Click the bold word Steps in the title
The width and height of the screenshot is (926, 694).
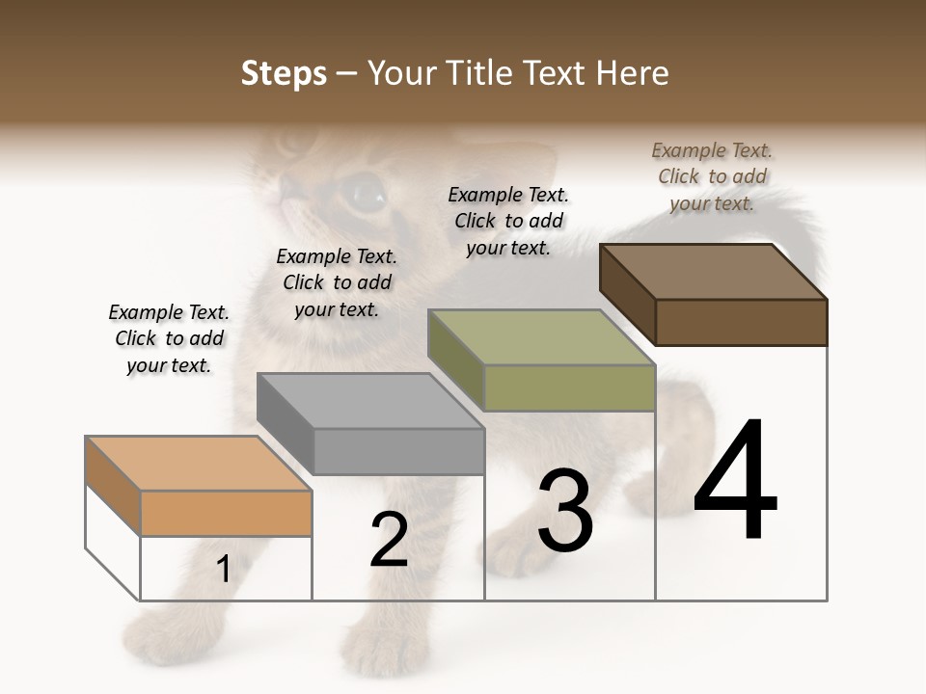coord(284,73)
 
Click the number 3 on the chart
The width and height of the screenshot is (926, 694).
coord(564,510)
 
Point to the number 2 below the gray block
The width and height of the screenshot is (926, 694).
coord(389,540)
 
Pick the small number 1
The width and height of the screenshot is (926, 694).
coord(224,570)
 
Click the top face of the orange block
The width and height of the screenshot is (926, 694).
coord(198,464)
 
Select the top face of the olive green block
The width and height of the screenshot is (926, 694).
coord(541,337)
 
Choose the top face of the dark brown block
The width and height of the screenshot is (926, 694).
coord(713,272)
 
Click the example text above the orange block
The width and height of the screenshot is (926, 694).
coord(169,338)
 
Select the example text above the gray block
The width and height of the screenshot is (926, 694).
coord(337,282)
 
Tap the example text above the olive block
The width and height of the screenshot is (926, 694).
coord(508,221)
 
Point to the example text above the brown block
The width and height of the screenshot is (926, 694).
coord(712,176)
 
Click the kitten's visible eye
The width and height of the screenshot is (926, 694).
coord(365,194)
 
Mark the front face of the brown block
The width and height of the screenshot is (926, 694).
coord(741,322)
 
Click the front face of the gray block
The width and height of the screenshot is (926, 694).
coord(398,451)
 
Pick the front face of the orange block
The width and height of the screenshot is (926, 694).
coord(226,513)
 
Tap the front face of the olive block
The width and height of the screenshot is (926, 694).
coord(569,387)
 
